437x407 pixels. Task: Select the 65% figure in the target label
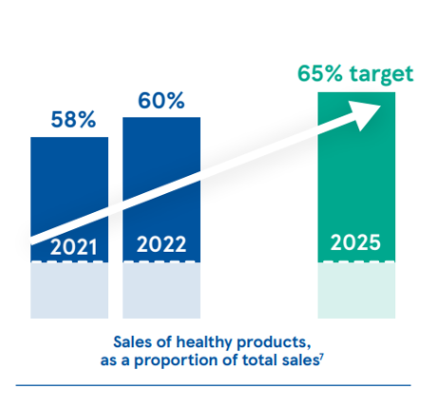coord(325,74)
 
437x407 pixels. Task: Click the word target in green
coord(384,75)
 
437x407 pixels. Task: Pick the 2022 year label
coord(161,244)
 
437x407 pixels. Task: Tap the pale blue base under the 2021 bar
coord(68,290)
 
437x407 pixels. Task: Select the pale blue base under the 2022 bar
coord(161,290)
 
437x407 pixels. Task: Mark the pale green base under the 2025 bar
coord(355,290)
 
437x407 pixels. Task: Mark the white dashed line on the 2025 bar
coord(355,262)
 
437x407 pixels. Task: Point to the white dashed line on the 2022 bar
coord(161,262)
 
